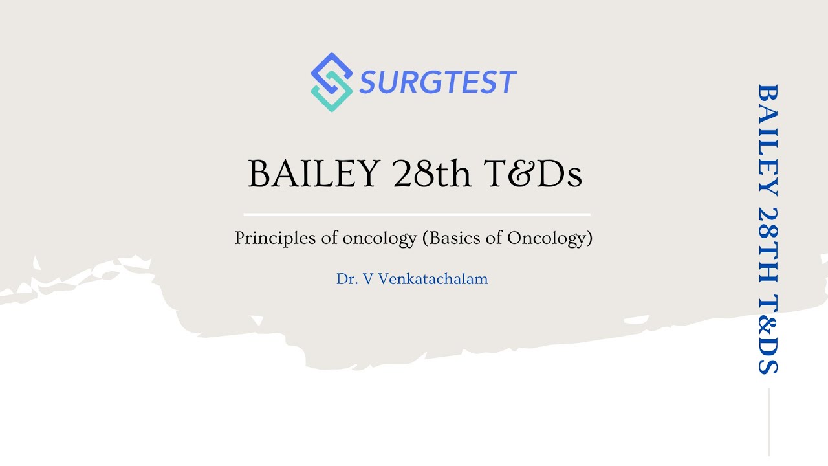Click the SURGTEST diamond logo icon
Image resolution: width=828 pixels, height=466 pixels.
(x=331, y=82)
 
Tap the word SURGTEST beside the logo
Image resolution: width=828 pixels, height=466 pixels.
(x=438, y=83)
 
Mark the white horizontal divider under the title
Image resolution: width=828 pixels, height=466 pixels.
(x=417, y=214)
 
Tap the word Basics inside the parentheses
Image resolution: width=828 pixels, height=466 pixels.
(x=455, y=238)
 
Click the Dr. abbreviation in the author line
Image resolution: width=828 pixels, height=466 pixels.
(x=348, y=279)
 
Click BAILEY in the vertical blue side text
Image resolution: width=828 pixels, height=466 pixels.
(x=767, y=139)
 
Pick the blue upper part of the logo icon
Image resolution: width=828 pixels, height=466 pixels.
(x=330, y=68)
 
